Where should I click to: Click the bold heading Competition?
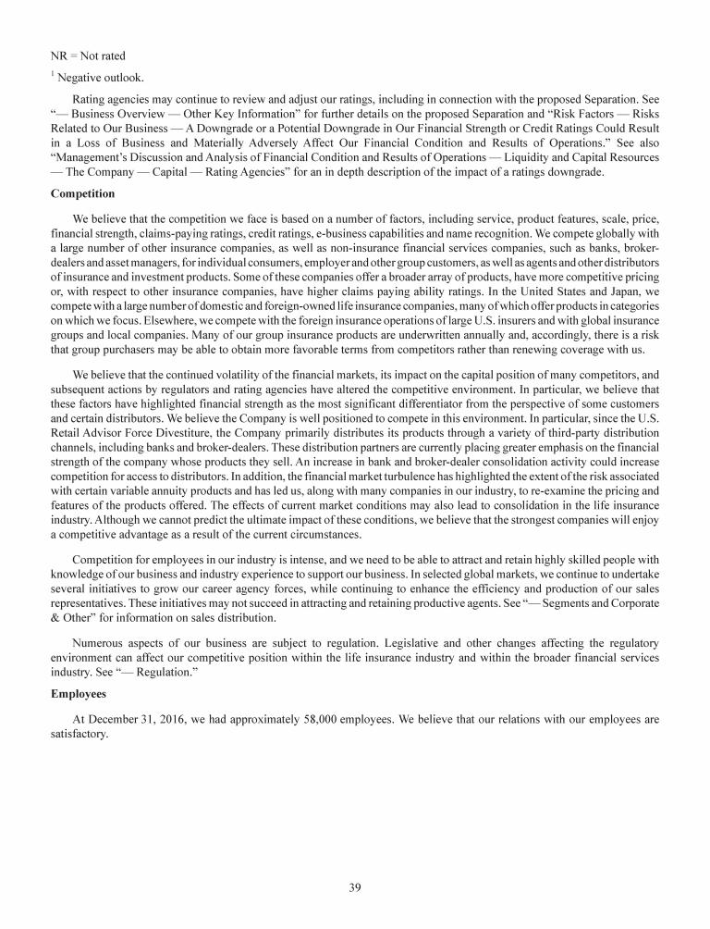click(82, 194)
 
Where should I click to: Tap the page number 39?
click(355, 888)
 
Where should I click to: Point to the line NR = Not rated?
click(87, 56)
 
